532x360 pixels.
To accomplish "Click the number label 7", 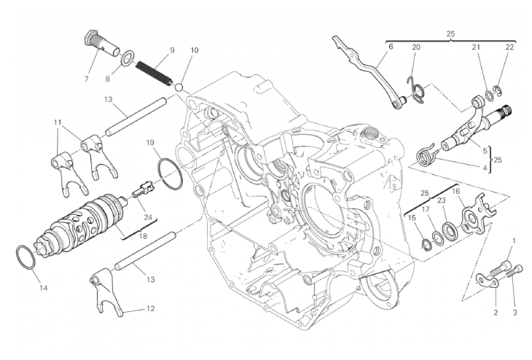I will (x=86, y=78).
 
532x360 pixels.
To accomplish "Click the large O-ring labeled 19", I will (x=169, y=176).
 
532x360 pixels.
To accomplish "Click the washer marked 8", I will (x=125, y=57).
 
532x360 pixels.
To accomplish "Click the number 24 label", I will (x=148, y=217).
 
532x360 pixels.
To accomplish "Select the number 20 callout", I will (x=415, y=47).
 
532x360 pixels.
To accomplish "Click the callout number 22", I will (x=509, y=47).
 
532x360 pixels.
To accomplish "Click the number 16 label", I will (x=456, y=192).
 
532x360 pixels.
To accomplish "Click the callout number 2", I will (x=495, y=312).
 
